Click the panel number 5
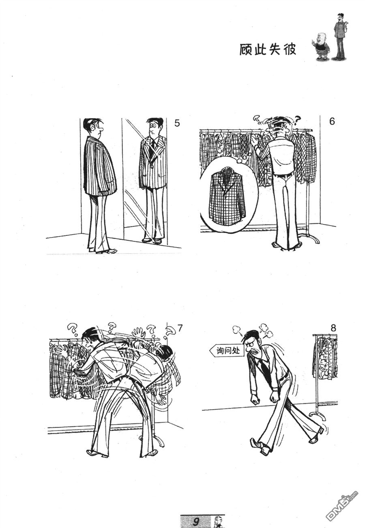click(x=177, y=123)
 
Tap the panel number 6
click(x=332, y=122)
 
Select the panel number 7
click(x=180, y=328)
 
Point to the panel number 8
click(x=333, y=328)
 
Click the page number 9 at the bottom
click(x=196, y=522)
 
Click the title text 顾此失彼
click(x=268, y=49)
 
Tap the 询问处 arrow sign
click(x=227, y=351)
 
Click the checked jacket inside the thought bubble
click(x=227, y=195)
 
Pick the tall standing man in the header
click(x=340, y=36)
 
